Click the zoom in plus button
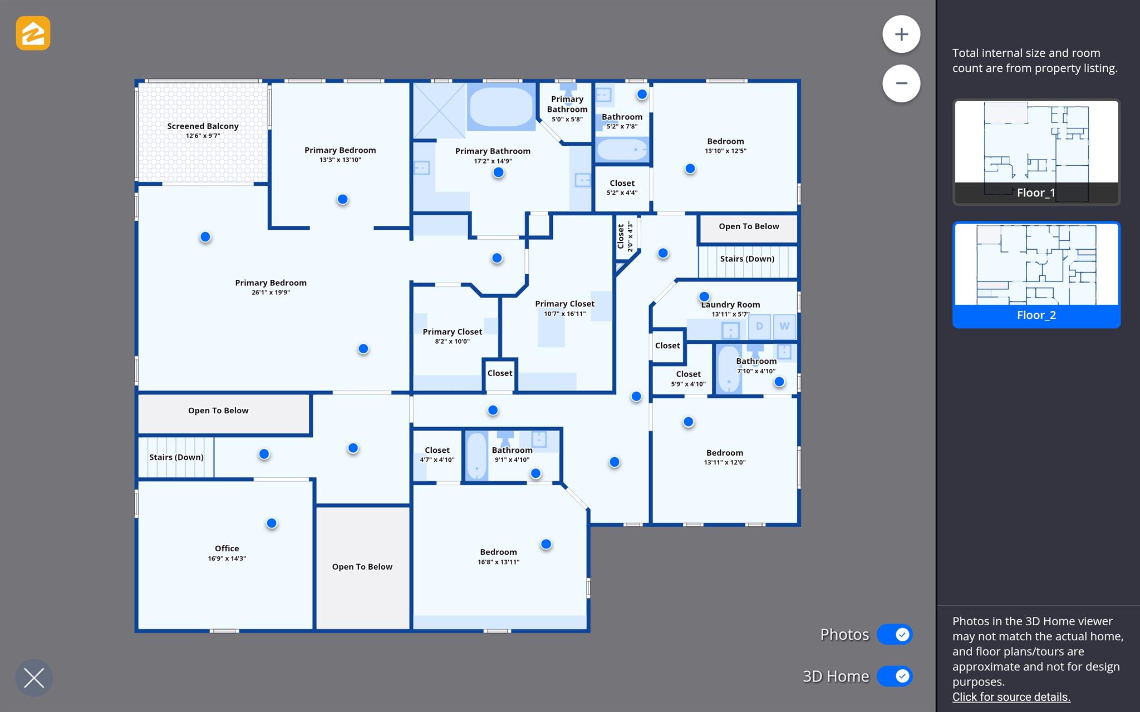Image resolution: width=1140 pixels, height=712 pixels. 901,34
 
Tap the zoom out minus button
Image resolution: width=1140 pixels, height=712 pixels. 901,83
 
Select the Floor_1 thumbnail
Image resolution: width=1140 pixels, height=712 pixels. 1036,152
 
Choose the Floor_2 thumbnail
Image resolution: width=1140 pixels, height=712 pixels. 1036,275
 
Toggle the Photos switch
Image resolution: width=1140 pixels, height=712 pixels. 895,634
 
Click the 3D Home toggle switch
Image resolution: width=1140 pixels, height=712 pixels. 895,676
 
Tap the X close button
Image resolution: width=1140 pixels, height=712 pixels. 34,678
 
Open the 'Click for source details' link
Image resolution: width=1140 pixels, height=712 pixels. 1011,697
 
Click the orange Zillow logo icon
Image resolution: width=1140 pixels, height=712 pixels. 33,33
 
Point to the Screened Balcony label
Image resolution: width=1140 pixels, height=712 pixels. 203,126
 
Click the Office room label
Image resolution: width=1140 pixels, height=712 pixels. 227,548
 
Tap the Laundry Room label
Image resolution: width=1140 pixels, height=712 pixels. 730,305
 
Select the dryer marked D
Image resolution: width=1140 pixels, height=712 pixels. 759,327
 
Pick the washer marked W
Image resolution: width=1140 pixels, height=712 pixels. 784,327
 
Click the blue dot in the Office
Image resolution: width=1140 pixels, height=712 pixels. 272,523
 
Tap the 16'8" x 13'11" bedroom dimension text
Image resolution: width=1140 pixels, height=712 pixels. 498,562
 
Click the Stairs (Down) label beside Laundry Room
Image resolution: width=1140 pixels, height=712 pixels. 747,259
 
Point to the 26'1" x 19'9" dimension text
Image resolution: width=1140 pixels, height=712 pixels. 271,293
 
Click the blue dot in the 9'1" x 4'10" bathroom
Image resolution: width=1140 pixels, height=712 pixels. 535,473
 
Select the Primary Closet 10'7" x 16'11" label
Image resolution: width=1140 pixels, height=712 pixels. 564,304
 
